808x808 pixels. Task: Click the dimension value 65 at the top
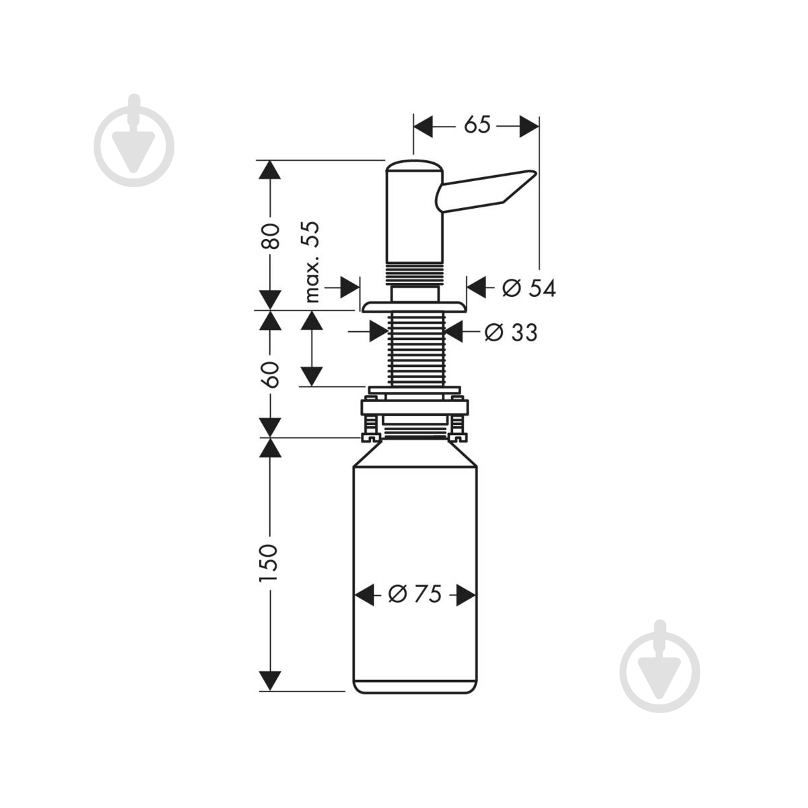(477, 125)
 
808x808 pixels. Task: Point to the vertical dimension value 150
(269, 563)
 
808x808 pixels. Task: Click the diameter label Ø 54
(529, 288)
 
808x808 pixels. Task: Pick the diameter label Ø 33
(510, 333)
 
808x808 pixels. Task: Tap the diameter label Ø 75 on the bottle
(415, 594)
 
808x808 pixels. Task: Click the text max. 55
(312, 262)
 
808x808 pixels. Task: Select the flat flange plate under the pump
(414, 306)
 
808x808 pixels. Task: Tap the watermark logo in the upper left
(134, 141)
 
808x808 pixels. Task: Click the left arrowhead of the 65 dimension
(423, 126)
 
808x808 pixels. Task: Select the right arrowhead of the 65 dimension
(529, 126)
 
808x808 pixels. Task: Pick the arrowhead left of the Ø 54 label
(476, 288)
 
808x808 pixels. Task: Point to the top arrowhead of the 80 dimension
(269, 170)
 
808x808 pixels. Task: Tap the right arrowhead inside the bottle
(466, 595)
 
